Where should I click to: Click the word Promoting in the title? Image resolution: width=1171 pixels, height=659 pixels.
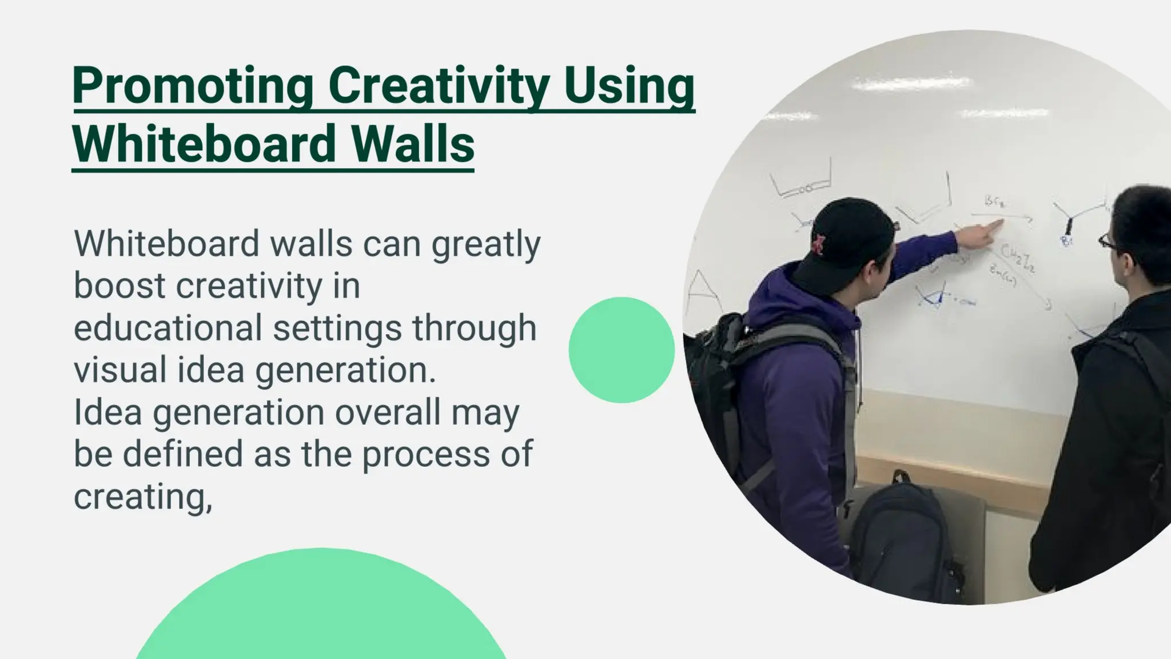(192, 86)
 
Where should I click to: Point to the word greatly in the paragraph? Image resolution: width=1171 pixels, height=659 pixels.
(485, 244)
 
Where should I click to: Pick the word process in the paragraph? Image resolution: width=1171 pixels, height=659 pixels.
(425, 455)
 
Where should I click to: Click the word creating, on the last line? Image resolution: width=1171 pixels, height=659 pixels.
(142, 497)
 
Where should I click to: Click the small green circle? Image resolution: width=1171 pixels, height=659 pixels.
(622, 350)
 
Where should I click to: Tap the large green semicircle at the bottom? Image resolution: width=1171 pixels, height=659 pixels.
(320, 612)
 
